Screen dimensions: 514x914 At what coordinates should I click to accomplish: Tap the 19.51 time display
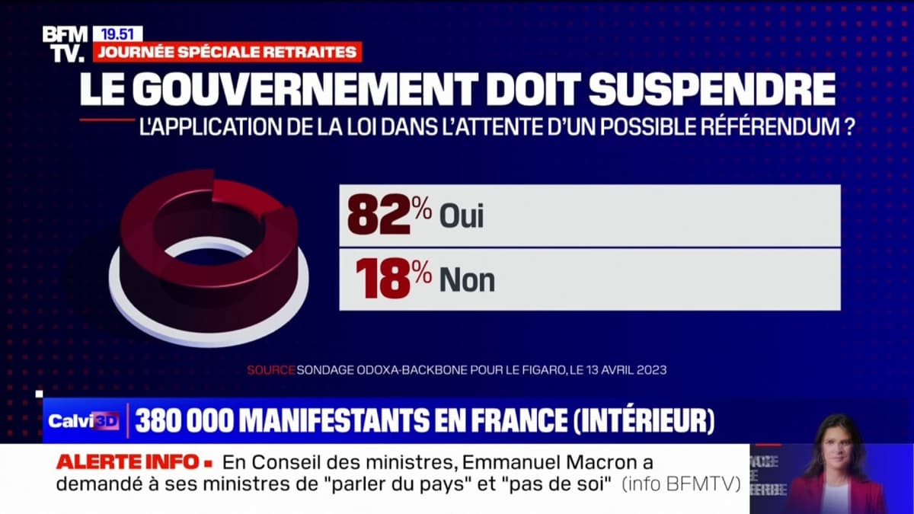coord(117,34)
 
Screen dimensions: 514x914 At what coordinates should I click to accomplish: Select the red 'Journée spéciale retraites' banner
coord(226,52)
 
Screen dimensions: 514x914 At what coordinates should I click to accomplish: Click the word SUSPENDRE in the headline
coord(712,89)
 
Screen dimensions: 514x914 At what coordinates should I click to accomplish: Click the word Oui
coord(462,217)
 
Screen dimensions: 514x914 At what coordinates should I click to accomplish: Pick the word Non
coord(467,280)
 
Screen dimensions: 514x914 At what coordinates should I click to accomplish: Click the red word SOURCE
coord(270,370)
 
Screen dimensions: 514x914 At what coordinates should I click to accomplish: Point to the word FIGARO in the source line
coord(536,370)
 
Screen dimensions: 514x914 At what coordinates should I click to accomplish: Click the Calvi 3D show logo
coord(83,421)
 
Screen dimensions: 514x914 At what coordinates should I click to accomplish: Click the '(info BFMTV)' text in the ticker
coord(682,485)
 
